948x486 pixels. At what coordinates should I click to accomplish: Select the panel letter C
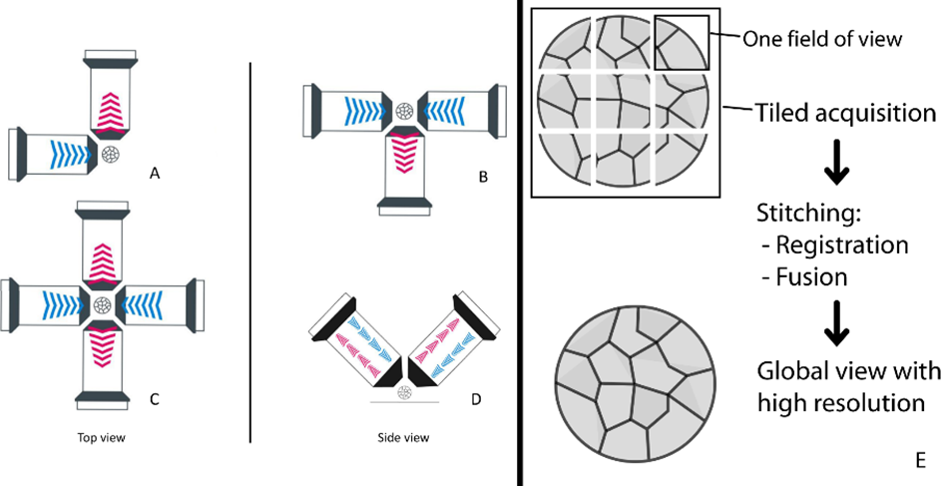click(x=154, y=400)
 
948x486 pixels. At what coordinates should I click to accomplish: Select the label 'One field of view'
click(x=823, y=39)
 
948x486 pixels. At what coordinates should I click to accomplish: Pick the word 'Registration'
click(x=843, y=244)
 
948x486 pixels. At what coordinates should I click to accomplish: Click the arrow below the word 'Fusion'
click(x=836, y=324)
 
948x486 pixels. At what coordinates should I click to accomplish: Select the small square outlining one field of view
click(x=682, y=43)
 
